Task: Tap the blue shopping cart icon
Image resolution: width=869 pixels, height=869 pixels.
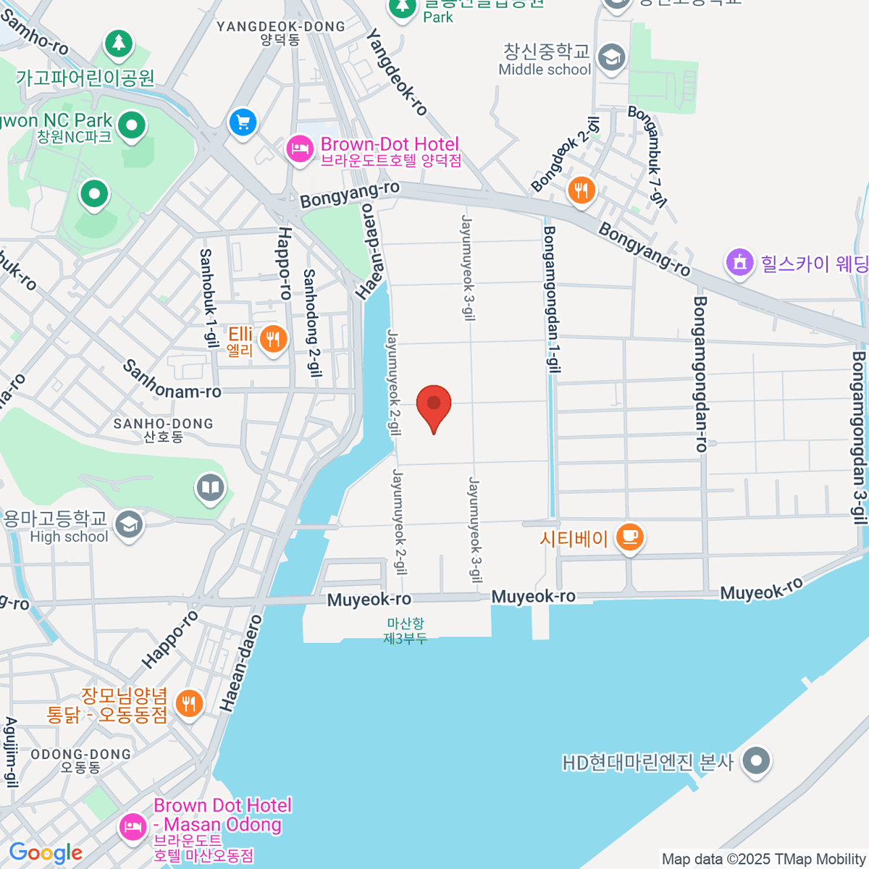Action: pos(243,122)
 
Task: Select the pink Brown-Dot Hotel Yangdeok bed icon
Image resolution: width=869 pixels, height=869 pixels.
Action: pos(300,150)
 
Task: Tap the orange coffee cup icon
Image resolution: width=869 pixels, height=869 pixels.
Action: pos(630,537)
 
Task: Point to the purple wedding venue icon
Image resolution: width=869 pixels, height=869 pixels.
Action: pos(739,262)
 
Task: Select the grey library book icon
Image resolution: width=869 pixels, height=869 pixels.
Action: pos(211,487)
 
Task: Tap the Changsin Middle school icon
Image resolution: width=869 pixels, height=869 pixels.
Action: pos(613,57)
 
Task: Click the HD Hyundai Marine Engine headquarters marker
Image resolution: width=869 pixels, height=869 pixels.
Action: pos(757,761)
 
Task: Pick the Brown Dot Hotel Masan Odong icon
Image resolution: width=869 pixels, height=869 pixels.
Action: pos(133,826)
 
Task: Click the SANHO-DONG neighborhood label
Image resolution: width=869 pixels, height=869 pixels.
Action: pos(164,429)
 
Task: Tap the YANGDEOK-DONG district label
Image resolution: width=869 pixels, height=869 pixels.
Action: pos(281,33)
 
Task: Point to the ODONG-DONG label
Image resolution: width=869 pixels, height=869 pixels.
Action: pos(81,760)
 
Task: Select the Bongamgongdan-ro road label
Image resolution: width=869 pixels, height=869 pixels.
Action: pos(700,374)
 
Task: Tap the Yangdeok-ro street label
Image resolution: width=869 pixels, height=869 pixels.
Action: pos(398,72)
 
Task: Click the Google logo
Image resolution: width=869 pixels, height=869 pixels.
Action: pos(46,853)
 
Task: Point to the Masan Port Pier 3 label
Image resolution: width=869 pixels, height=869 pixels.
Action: pos(406,631)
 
